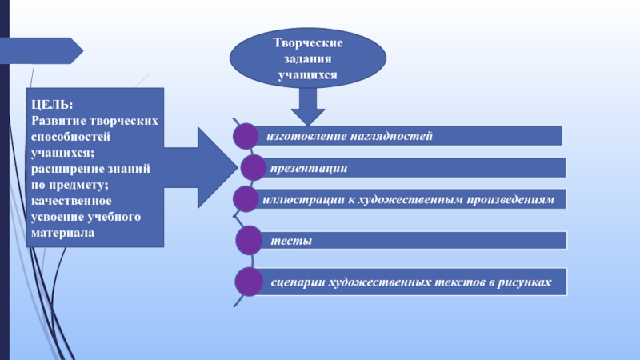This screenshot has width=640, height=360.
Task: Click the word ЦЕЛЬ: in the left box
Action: coord(52,105)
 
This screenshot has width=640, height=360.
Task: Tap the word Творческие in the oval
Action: coord(308,42)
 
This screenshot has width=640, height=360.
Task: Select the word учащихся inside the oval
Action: coord(308,75)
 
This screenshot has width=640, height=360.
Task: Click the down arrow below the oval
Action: coord(308,106)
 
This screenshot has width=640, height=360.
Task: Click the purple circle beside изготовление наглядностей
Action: coord(246,136)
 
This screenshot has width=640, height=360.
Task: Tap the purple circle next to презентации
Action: coord(253,167)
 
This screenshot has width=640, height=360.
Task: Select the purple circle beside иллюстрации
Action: coord(246,199)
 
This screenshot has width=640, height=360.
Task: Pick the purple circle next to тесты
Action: coord(249,241)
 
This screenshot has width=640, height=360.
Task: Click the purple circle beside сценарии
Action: coord(249,282)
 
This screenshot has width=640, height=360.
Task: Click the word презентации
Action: coord(309,168)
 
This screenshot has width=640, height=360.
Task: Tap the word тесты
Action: coord(291,241)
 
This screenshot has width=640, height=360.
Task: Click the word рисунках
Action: coord(524,282)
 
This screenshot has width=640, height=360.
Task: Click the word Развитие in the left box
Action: coord(58,121)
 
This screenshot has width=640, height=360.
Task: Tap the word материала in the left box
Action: coord(63,233)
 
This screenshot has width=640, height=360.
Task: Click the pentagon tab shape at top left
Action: coord(41,50)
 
